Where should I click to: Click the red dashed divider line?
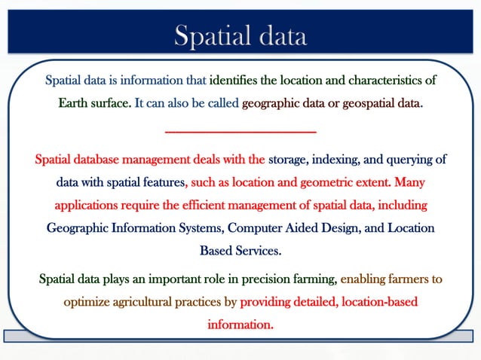coord(240,133)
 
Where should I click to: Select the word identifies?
coord(235,80)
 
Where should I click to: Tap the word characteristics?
coord(384,80)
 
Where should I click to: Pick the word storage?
coord(290,160)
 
